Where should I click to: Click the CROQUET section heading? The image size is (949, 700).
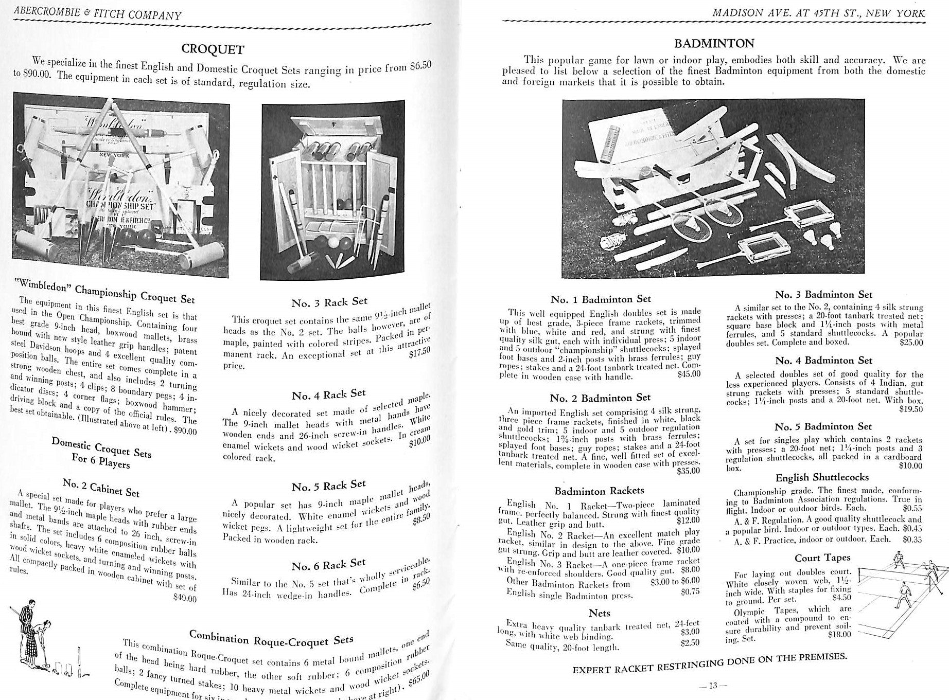point(213,49)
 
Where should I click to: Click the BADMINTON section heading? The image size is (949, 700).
point(715,44)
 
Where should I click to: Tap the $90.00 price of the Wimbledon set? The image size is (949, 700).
point(185,431)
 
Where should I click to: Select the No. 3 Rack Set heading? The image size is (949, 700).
point(329,302)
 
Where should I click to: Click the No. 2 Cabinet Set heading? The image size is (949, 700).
point(101,487)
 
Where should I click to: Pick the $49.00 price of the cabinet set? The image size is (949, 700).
point(185,599)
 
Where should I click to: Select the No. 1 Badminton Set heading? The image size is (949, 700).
point(601,299)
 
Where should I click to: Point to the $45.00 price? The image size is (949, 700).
point(689,374)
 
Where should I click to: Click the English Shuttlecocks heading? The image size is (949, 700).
point(822,477)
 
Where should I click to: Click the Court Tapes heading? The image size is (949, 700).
point(822,558)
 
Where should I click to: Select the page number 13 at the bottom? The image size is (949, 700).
point(712,685)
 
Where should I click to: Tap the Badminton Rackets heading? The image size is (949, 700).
point(599,491)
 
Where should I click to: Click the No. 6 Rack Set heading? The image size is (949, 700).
point(328,565)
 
